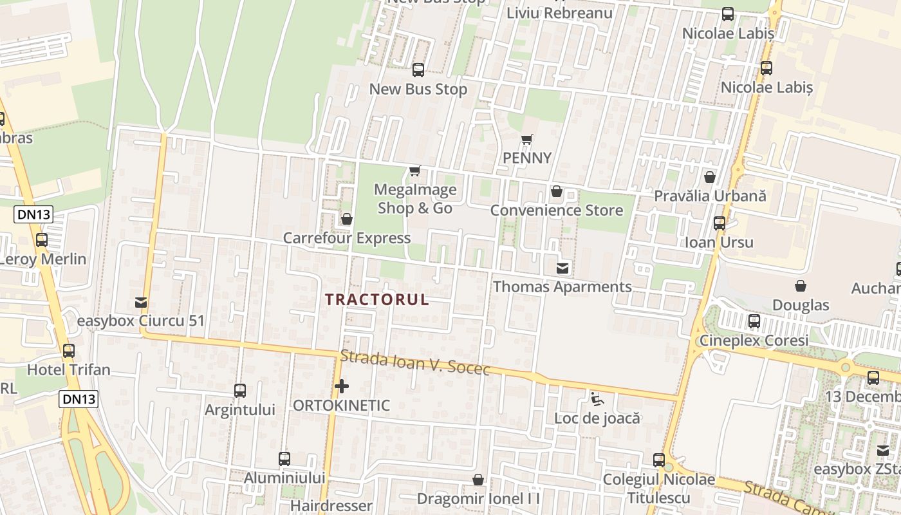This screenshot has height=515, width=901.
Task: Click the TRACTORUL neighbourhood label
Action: tap(376, 299)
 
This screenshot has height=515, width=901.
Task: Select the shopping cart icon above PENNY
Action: tap(527, 139)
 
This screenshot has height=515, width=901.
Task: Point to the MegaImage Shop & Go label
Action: tap(415, 199)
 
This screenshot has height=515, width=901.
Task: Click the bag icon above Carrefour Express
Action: tap(347, 220)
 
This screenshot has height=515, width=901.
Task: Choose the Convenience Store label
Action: tap(557, 211)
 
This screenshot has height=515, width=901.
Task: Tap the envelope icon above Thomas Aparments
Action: tap(563, 268)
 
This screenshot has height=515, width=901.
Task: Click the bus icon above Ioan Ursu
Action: tap(719, 223)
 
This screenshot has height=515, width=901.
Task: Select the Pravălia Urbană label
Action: tap(710, 196)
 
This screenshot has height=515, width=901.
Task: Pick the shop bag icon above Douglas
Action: tap(801, 286)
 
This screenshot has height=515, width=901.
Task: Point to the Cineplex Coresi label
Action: tap(754, 341)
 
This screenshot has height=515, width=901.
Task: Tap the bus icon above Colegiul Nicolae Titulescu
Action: tap(658, 460)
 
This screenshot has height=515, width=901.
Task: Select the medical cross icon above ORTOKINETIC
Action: tap(342, 386)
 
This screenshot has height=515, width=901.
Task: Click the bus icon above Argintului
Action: tap(240, 391)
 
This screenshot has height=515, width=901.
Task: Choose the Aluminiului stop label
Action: tap(284, 478)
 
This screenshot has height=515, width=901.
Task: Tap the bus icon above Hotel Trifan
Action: tap(69, 351)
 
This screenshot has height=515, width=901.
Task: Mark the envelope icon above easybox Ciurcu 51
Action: tap(141, 302)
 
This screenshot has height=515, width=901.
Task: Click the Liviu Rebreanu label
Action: tap(559, 13)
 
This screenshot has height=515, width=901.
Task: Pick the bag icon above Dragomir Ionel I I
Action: tap(478, 480)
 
